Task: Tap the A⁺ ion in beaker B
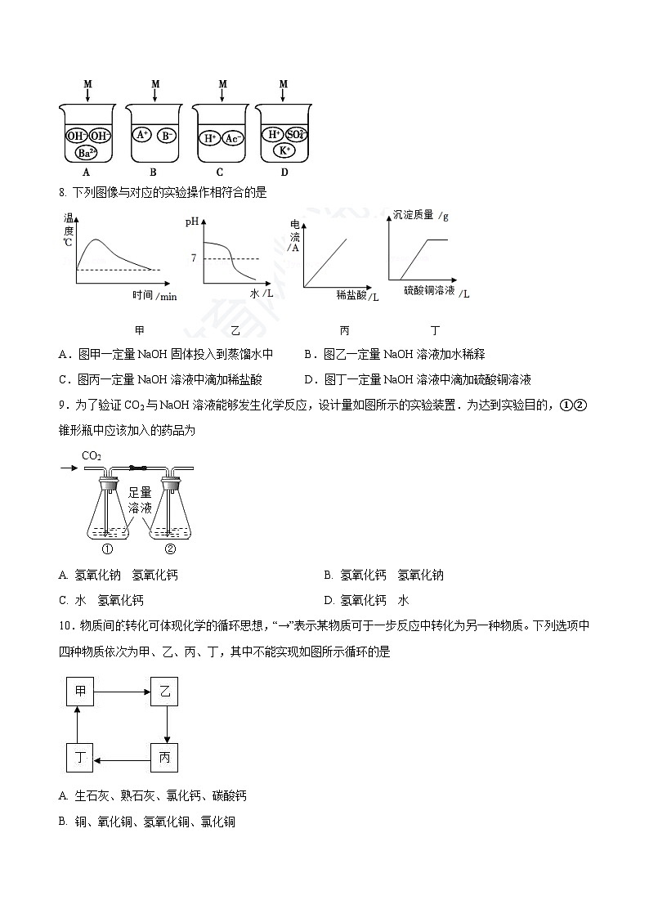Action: coord(142,135)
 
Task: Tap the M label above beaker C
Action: coord(222,83)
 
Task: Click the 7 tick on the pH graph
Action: coord(194,258)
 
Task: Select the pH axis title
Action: coord(192,222)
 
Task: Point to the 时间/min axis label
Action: coord(154,296)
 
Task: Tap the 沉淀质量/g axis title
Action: coord(421,216)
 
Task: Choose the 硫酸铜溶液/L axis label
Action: coord(437,292)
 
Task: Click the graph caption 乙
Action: coord(235,330)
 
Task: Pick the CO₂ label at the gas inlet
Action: coord(92,455)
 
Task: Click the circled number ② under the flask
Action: coord(170,549)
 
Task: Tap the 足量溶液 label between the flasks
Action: coord(140,500)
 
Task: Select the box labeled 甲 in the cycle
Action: coord(80,691)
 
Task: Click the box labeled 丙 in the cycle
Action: coord(164,758)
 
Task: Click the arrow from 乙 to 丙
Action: coord(166,724)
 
